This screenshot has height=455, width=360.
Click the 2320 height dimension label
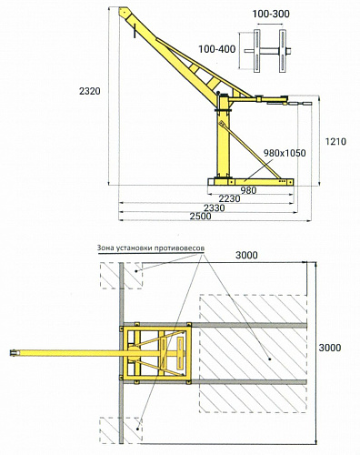click(x=90, y=91)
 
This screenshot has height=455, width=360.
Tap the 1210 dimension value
click(x=335, y=141)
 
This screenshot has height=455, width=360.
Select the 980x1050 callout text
click(x=285, y=153)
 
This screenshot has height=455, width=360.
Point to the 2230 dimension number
click(x=229, y=198)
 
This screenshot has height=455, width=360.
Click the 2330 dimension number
click(x=214, y=208)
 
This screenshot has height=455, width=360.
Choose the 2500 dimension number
click(x=200, y=217)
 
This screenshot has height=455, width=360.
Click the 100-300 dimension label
click(x=271, y=14)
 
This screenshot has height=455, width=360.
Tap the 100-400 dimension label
click(x=217, y=49)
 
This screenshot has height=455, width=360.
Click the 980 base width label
click(x=248, y=190)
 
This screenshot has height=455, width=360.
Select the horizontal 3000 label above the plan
click(x=246, y=256)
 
